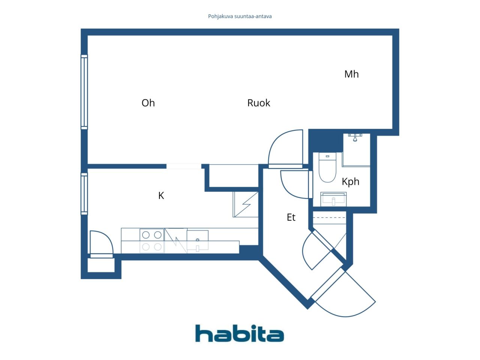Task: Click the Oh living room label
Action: click(148, 103)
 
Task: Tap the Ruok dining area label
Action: click(258, 103)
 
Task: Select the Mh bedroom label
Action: click(351, 74)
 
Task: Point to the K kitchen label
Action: click(161, 196)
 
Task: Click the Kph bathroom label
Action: click(350, 181)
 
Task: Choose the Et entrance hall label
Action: click(291, 217)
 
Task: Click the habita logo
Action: click(240, 333)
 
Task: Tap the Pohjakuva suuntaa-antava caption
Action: click(240, 16)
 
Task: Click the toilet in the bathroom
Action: click(327, 167)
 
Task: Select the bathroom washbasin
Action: click(333, 199)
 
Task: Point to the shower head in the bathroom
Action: click(355, 138)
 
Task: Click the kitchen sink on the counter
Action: click(198, 240)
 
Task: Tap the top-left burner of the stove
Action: click(146, 235)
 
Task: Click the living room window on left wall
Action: click(84, 92)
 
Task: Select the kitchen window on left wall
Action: click(84, 193)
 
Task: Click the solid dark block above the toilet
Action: click(325, 141)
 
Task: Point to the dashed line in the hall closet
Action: click(329, 218)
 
